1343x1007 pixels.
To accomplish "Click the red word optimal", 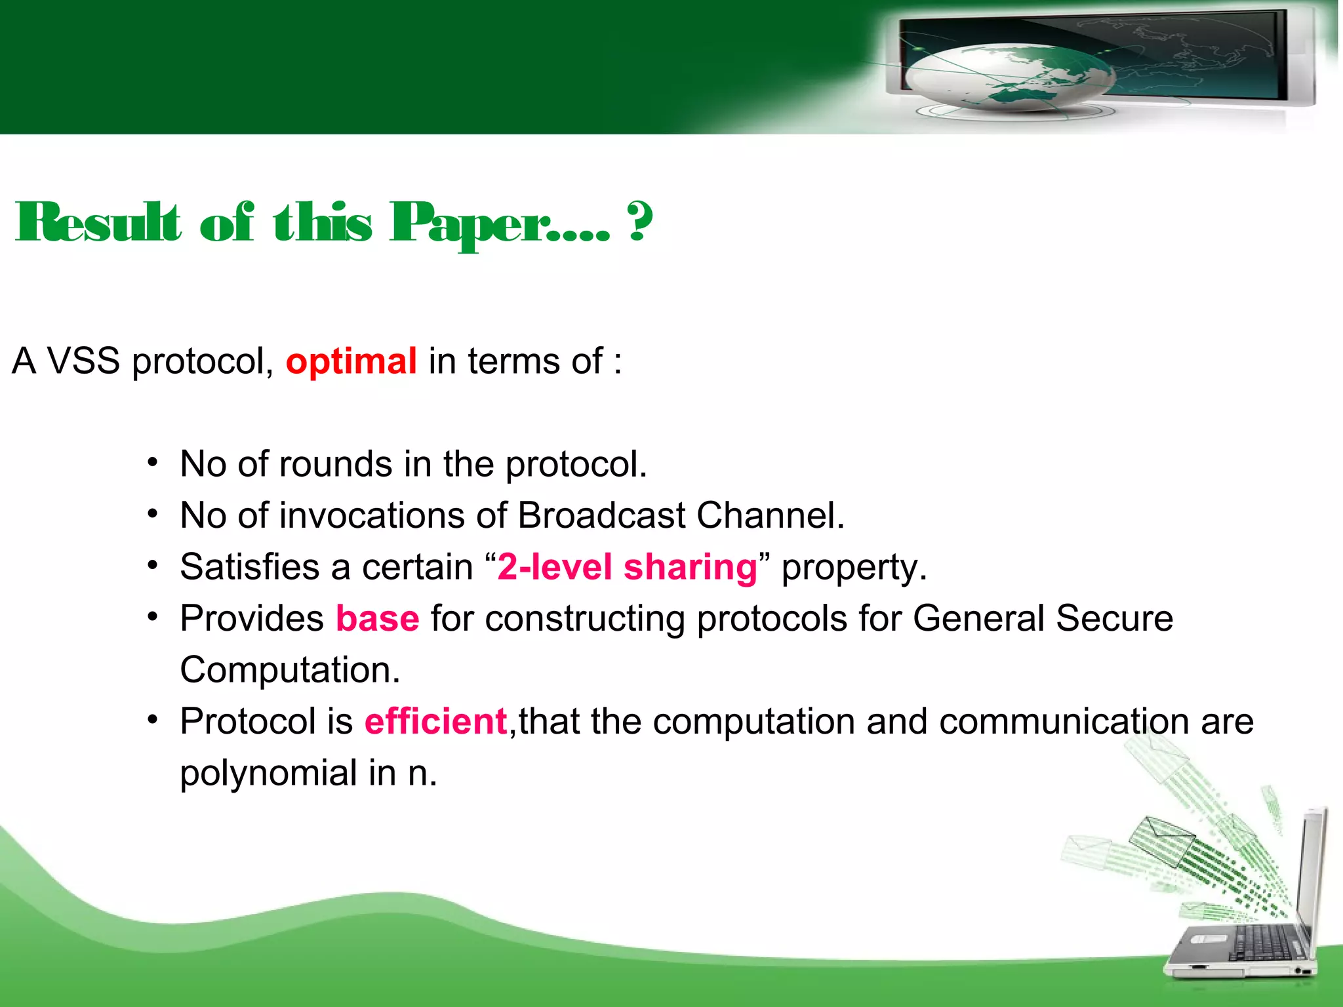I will point(351,361).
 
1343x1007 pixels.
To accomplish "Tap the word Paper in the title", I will point(470,223).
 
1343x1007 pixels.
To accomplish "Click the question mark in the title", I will point(640,222).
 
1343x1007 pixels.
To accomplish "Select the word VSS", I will point(84,361).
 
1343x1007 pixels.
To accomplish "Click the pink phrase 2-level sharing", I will point(628,567).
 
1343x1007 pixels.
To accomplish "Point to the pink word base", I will point(377,618).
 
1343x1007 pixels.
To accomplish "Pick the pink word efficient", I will point(435,721).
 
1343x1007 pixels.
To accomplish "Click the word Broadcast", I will point(601,515).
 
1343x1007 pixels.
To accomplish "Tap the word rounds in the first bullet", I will point(336,464).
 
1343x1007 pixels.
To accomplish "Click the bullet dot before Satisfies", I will point(153,565).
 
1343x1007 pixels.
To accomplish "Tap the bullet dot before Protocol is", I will point(153,720).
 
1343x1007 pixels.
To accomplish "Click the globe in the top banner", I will point(1010,75).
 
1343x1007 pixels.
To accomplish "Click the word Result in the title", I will point(98,223).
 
